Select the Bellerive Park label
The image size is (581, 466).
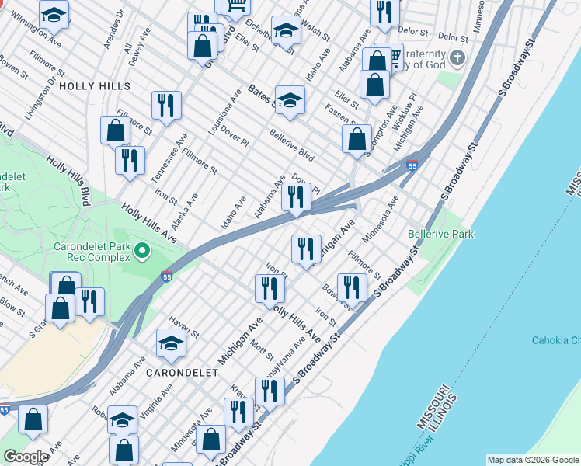click(x=440, y=234)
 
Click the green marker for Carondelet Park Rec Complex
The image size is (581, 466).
click(x=141, y=250)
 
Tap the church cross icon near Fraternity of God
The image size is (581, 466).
click(x=458, y=58)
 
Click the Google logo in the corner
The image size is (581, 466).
click(x=26, y=457)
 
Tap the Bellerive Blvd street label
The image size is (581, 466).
click(x=290, y=145)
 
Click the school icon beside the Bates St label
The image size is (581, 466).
click(x=290, y=100)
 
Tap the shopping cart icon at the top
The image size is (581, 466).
click(x=235, y=5)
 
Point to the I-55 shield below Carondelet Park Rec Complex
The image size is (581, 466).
click(x=167, y=276)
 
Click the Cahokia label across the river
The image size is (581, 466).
click(x=555, y=340)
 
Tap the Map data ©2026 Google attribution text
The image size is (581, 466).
click(x=533, y=460)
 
